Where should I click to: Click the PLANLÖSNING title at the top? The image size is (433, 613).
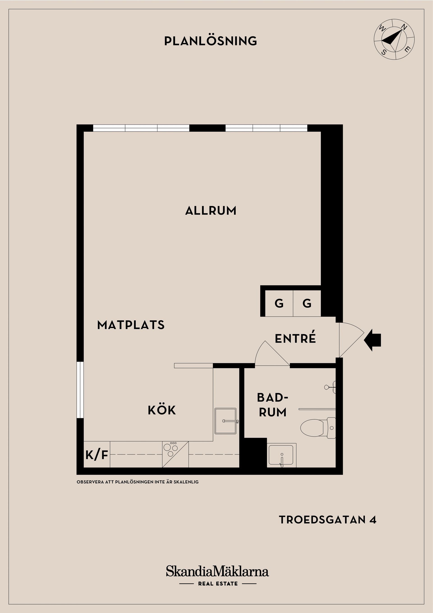point(210,41)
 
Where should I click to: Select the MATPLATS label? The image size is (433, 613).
point(131,325)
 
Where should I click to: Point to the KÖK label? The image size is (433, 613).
point(162,410)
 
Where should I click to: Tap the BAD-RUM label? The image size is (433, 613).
point(273,405)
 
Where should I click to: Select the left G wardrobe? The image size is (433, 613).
point(279,303)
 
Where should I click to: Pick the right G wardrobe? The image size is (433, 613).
point(307,303)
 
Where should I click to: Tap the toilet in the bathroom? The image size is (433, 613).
point(318,428)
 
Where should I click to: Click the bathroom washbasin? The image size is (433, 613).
point(281,455)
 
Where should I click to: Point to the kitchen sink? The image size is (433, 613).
point(226,421)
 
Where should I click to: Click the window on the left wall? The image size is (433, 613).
point(80,390)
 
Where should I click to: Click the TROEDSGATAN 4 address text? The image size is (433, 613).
point(327,520)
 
